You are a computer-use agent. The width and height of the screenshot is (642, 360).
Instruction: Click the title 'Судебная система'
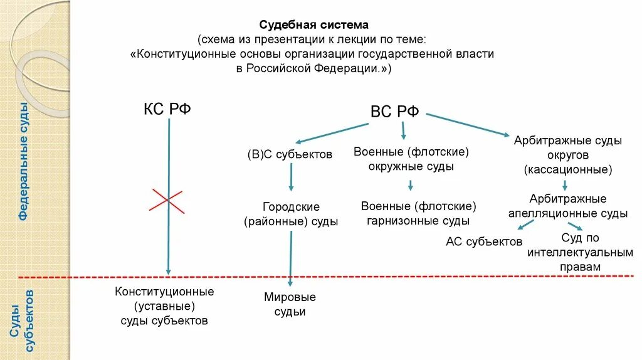click(x=314, y=25)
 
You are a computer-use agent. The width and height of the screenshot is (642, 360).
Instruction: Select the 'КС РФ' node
click(x=167, y=109)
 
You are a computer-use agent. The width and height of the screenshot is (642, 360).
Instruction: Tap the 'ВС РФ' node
click(x=395, y=112)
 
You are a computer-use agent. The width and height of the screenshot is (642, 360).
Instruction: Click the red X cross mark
click(x=167, y=201)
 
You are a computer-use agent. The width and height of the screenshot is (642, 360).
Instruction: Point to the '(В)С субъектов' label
click(x=289, y=154)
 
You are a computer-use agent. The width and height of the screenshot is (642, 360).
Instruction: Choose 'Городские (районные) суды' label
click(x=291, y=214)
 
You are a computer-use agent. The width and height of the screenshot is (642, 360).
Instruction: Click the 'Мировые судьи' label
click(x=290, y=304)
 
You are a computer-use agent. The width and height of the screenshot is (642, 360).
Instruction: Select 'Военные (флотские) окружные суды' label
click(x=411, y=159)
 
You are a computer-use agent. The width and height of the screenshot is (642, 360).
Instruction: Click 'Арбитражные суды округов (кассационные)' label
click(x=567, y=155)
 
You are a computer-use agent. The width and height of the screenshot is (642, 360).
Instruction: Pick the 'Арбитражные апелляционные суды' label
click(x=567, y=206)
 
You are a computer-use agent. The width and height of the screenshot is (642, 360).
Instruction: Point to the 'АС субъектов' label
click(x=483, y=241)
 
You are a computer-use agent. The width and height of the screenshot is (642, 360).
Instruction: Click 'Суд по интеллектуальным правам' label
click(x=580, y=252)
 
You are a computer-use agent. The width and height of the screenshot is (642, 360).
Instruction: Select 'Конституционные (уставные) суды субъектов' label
click(x=164, y=306)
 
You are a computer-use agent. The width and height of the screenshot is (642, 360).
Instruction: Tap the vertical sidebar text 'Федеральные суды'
click(x=24, y=161)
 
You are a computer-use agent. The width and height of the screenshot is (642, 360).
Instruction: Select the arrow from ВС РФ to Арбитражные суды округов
click(x=467, y=124)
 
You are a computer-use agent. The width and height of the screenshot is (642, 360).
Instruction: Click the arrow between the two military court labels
click(x=410, y=185)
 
